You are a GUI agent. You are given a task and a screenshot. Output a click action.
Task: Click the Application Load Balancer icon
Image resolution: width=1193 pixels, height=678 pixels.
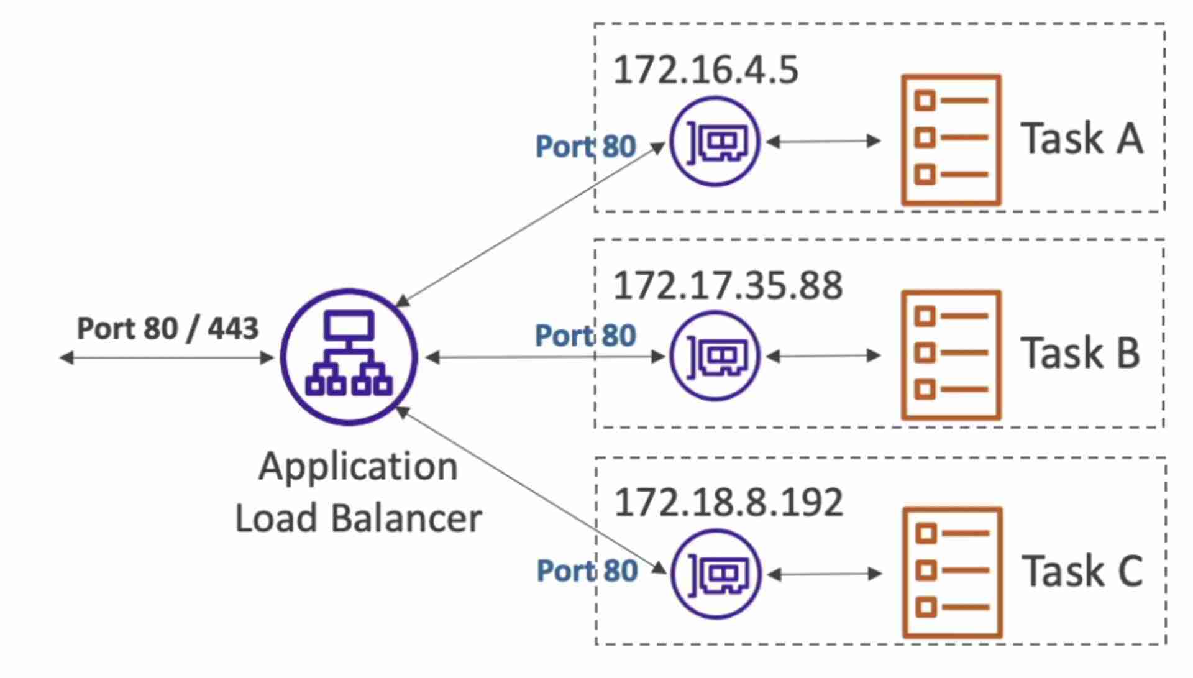point(349,357)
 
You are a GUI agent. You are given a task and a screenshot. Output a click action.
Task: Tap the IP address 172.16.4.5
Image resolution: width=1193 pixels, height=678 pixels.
point(705,70)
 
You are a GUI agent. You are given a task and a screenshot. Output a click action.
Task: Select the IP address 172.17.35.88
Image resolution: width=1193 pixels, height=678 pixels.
point(728,285)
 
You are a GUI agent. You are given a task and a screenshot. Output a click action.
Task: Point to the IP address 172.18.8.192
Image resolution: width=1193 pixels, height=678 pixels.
point(728,502)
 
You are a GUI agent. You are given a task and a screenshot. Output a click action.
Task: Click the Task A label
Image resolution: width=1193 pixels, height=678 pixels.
point(1081,139)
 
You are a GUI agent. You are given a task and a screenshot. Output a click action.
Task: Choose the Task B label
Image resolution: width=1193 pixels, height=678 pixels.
point(1080,353)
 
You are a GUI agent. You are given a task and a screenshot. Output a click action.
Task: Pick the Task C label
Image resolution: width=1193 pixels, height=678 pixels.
point(1082,570)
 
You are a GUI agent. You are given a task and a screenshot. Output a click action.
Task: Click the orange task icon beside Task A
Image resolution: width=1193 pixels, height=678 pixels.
point(951,140)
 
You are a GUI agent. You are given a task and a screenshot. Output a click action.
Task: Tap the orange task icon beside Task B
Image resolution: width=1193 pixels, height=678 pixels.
point(951,355)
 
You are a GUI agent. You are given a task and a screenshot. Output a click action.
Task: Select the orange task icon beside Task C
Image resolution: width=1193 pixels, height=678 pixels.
point(952,572)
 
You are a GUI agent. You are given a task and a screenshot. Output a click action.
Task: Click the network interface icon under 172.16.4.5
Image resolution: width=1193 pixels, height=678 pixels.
point(715,141)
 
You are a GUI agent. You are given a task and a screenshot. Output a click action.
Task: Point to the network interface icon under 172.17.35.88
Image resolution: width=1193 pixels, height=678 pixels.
point(715,356)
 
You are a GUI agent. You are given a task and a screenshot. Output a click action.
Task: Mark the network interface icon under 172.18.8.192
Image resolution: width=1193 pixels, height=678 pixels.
point(716,574)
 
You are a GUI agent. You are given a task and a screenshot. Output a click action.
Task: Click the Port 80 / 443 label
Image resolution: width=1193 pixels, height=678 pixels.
point(167,328)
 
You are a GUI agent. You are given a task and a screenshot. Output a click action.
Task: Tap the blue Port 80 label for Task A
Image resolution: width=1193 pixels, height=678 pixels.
point(585,147)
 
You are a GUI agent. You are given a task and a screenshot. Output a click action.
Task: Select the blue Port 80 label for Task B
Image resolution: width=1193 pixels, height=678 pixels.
point(585,336)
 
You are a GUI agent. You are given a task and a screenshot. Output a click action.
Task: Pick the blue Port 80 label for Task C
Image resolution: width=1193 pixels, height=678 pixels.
point(587,570)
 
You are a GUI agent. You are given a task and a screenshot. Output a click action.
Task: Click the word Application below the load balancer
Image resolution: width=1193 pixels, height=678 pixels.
point(358,467)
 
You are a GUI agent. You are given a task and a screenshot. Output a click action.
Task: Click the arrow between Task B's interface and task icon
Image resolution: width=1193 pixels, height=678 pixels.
point(823,356)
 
